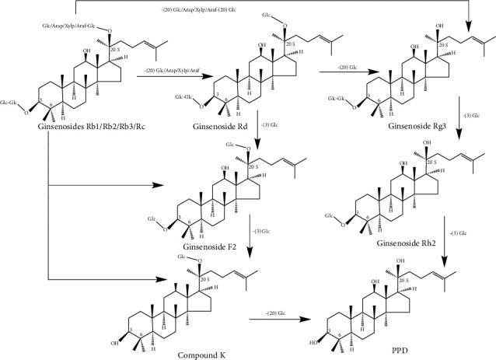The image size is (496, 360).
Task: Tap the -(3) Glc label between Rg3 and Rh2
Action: (471, 115)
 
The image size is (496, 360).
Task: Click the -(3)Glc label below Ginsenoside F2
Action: (260, 231)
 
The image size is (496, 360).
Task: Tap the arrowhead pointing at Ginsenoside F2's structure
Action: (166, 186)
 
